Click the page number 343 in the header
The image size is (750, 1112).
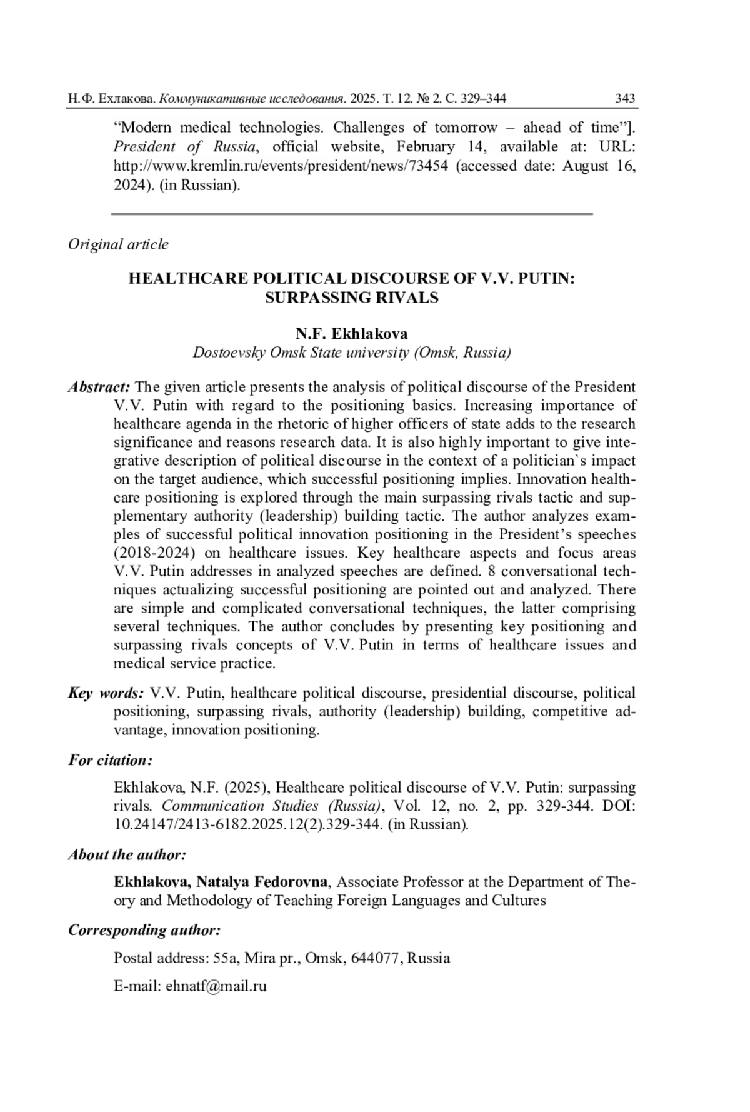(625, 98)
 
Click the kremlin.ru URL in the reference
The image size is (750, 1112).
(281, 166)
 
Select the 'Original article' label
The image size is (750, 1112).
(118, 244)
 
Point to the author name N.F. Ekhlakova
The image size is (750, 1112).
(351, 334)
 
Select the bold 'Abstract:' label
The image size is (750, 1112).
(99, 388)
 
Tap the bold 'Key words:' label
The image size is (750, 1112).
(106, 693)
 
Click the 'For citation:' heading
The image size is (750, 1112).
(110, 761)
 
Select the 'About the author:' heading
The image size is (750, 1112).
(127, 855)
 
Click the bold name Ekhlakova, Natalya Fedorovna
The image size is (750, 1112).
(221, 882)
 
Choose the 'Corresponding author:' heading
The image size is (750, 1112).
(144, 931)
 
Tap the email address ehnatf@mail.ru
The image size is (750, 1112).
(216, 986)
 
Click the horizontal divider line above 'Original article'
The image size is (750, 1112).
(351, 214)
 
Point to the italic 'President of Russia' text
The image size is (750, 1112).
(184, 147)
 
